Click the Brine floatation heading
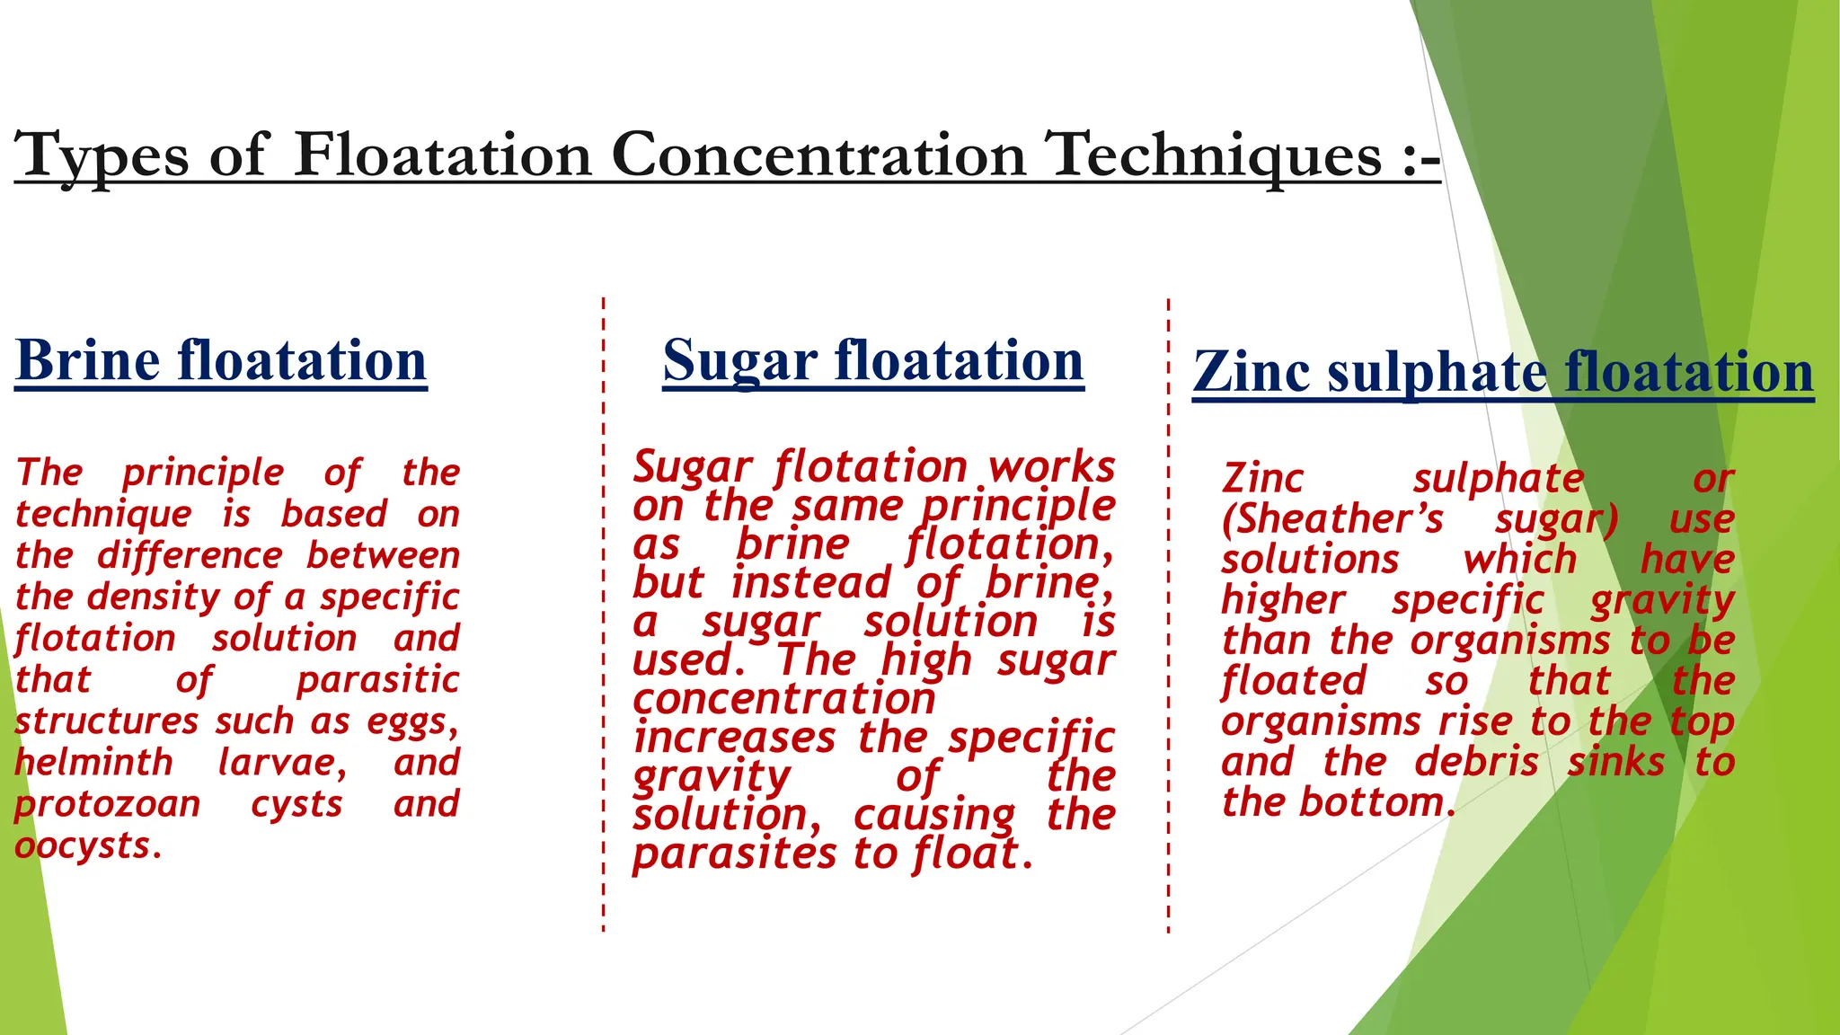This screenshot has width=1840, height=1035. pyautogui.click(x=221, y=361)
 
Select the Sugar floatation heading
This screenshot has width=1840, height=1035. pyautogui.click(x=873, y=361)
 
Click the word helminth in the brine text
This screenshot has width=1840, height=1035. pyautogui.click(x=93, y=763)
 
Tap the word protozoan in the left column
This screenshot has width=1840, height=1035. pyautogui.click(x=107, y=804)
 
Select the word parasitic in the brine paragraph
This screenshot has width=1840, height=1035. pyautogui.click(x=377, y=680)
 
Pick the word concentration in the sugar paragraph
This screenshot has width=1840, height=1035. pyautogui.click(x=784, y=699)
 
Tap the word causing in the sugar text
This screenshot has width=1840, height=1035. pyautogui.click(x=934, y=816)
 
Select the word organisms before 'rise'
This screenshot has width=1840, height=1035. pyautogui.click(x=1321, y=722)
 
